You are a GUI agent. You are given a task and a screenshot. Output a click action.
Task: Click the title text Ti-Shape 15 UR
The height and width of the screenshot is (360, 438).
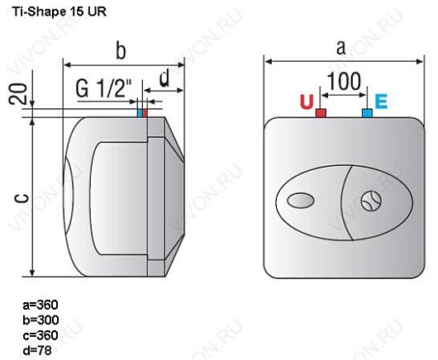tap(53, 12)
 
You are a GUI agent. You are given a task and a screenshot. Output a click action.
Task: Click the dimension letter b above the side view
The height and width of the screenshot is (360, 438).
tap(121, 51)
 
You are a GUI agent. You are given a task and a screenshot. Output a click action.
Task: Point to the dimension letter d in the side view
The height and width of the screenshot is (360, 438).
tap(164, 79)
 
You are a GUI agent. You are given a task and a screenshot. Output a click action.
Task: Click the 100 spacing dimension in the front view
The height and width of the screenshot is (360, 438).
tap(342, 83)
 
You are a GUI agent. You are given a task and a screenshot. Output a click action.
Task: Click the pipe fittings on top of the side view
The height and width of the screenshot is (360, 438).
tap(143, 113)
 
